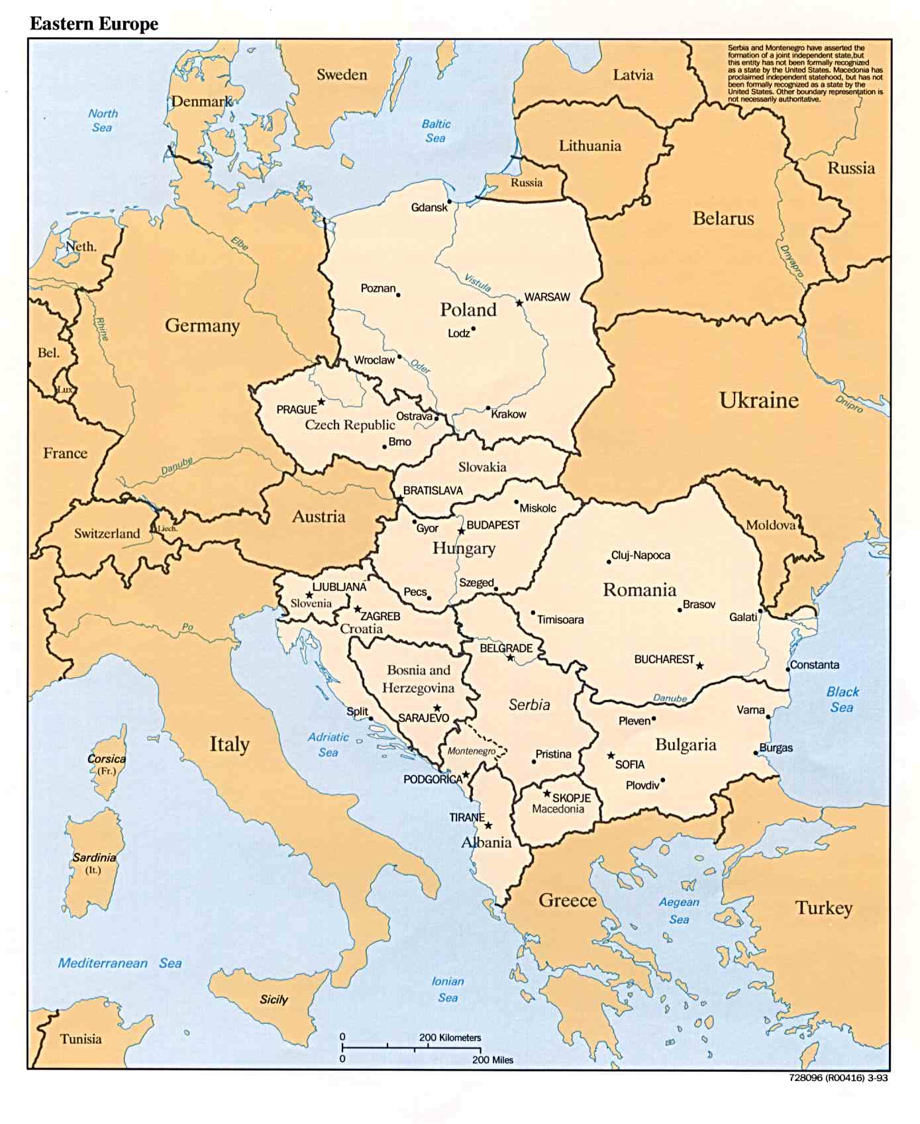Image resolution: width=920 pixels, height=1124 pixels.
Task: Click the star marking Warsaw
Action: point(519,303)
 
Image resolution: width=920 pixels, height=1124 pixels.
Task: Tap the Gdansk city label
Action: point(429,207)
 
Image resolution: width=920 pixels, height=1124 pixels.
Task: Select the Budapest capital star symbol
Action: point(461,531)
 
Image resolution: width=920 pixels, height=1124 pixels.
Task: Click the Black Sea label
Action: point(842,699)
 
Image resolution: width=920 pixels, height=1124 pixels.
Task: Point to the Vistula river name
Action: point(478,283)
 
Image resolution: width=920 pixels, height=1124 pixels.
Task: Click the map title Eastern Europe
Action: point(94,24)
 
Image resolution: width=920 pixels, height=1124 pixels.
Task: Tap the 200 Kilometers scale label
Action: point(450,1037)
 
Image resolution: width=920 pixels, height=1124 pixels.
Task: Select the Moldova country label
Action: point(770,525)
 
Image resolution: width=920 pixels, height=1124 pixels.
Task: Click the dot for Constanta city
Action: point(788,669)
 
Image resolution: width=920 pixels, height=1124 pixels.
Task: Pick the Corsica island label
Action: point(106,759)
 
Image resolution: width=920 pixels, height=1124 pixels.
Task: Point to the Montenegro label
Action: point(471,750)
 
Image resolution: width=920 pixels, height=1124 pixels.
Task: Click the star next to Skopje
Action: point(547,793)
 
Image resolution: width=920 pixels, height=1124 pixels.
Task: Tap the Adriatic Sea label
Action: point(328,744)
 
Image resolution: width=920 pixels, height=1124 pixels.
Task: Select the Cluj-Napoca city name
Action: point(640,555)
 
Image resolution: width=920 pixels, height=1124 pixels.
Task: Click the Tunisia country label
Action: point(81,1039)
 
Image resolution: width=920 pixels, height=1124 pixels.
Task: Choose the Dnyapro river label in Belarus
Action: point(792,260)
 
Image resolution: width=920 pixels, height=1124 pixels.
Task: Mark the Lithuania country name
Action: point(589,146)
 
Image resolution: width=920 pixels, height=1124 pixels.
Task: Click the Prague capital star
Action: point(321,401)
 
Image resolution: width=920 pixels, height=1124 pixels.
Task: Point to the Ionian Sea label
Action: point(448,989)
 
